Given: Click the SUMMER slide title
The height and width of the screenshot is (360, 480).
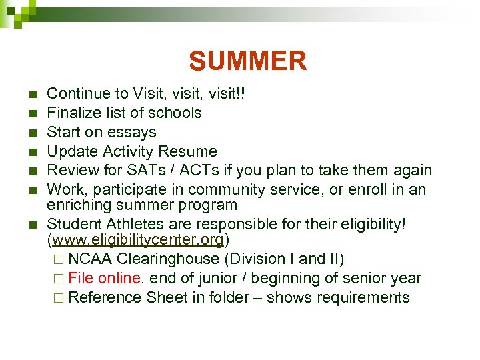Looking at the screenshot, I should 247,61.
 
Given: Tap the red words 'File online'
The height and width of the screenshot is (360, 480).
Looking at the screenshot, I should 103,278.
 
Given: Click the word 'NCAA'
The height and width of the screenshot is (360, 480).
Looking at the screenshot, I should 90,259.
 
